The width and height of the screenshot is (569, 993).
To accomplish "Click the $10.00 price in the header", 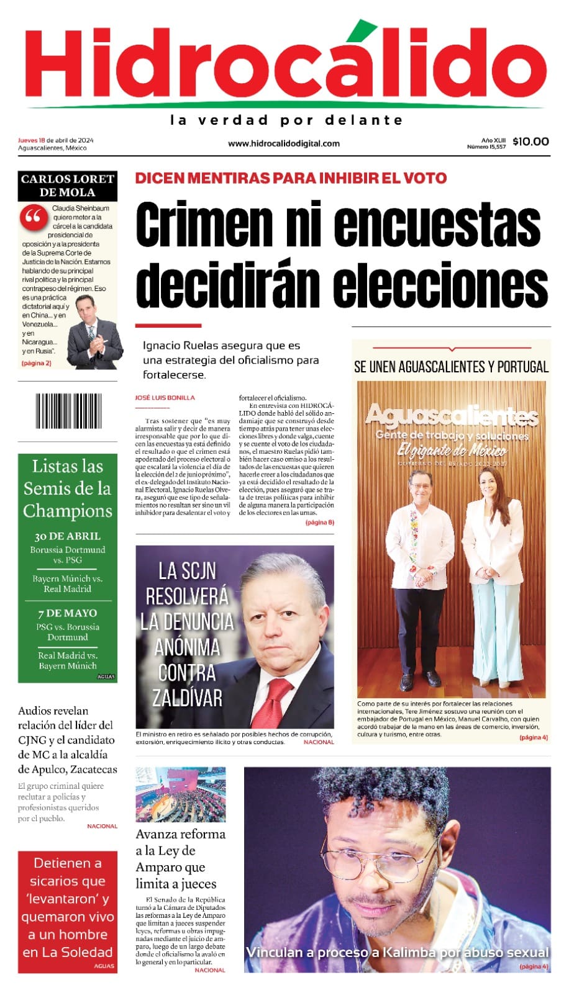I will click(530, 142).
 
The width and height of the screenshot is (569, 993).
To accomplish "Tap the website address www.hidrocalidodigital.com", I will click(284, 143).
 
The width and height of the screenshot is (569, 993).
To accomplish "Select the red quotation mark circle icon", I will click(34, 217).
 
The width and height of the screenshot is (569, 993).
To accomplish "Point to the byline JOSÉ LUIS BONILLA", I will click(165, 398).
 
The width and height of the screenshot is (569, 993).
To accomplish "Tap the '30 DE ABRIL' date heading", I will click(68, 536).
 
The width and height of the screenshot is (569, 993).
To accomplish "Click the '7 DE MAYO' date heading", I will click(68, 613).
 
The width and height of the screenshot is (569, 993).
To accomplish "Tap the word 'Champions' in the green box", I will click(68, 511).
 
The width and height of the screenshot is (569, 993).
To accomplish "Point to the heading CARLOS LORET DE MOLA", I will click(68, 186).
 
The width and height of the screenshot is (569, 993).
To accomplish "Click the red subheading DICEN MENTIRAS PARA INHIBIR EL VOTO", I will click(291, 178).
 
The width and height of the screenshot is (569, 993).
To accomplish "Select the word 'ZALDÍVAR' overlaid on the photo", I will click(187, 698).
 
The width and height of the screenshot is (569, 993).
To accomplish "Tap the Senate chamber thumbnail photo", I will click(181, 794).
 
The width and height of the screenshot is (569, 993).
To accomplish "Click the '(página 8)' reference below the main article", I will click(319, 523).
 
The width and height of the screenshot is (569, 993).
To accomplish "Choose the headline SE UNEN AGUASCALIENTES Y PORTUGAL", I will click(451, 367).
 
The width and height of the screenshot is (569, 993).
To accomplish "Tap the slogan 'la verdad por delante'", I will click(286, 120).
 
